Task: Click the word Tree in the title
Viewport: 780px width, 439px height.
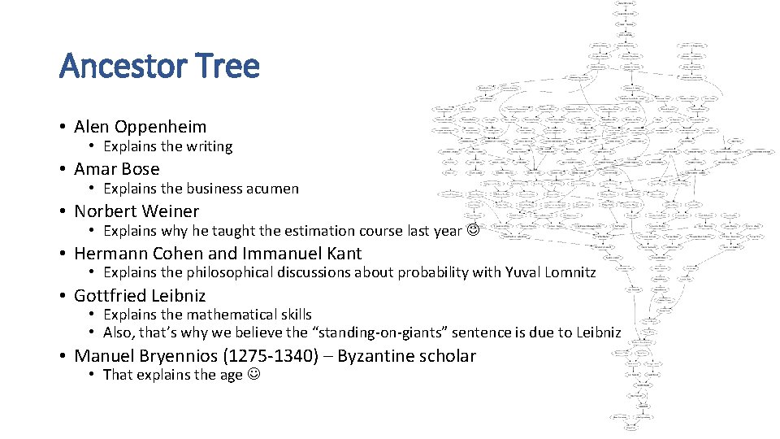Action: pos(232,66)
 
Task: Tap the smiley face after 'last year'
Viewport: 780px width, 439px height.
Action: pos(473,231)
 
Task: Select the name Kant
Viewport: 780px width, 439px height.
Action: pos(343,254)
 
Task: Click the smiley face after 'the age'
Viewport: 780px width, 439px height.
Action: pos(253,375)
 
